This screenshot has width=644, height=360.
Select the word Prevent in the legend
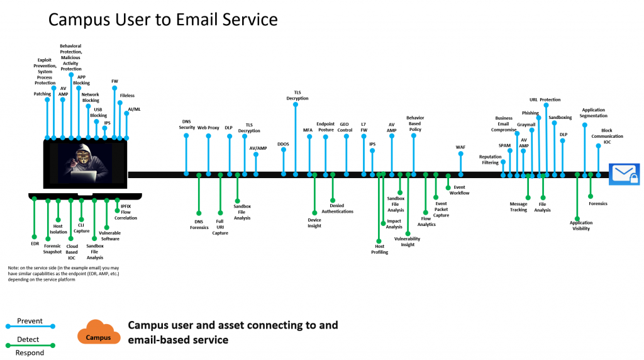(30, 321)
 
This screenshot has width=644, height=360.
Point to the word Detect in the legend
(28, 339)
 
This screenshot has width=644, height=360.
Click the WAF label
(460, 147)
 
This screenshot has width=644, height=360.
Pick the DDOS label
(283, 144)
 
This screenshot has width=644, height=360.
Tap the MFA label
(308, 130)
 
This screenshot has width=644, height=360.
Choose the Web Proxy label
(208, 127)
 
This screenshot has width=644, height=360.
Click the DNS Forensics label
(199, 224)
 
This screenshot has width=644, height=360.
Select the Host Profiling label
(380, 249)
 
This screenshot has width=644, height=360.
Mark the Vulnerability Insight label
(408, 242)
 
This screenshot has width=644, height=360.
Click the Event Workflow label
(459, 190)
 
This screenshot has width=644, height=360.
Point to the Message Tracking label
(519, 206)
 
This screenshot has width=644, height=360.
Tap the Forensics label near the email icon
(598, 203)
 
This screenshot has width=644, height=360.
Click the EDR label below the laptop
(35, 242)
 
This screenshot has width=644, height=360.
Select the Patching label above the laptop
(42, 94)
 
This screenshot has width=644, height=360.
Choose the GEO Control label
(345, 127)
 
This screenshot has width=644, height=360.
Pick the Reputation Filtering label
(491, 160)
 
